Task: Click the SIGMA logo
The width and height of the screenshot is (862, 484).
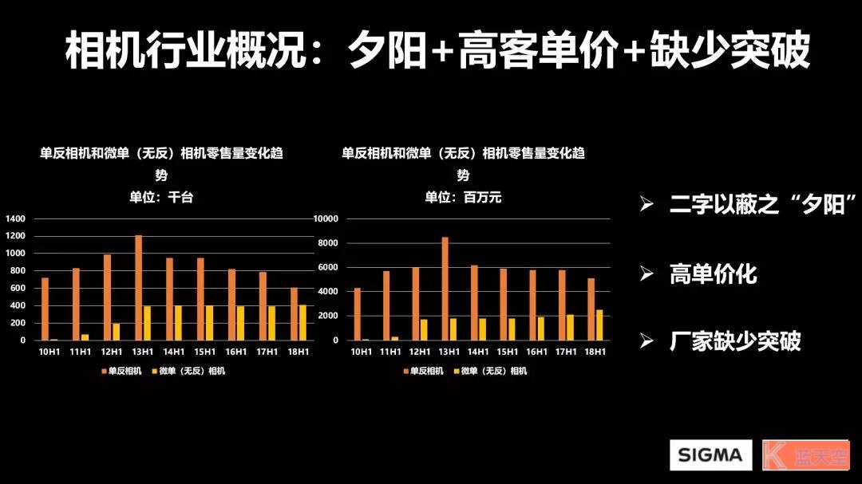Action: point(710,455)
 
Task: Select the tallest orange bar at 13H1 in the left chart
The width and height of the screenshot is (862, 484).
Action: point(138,288)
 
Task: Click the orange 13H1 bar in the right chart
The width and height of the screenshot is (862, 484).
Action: point(445,289)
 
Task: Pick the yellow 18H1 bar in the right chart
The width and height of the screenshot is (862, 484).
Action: point(599,325)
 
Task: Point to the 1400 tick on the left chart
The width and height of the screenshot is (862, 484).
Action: point(16,218)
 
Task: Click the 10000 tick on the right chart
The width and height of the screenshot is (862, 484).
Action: point(325,218)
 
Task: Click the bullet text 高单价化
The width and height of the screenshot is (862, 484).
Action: point(713,275)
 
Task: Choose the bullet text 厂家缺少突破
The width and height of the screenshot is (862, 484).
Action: point(735,341)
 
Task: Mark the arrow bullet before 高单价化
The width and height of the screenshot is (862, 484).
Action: point(646,274)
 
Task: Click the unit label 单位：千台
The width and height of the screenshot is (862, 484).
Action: point(161,197)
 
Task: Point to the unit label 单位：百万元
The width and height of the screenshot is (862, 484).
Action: point(463,197)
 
